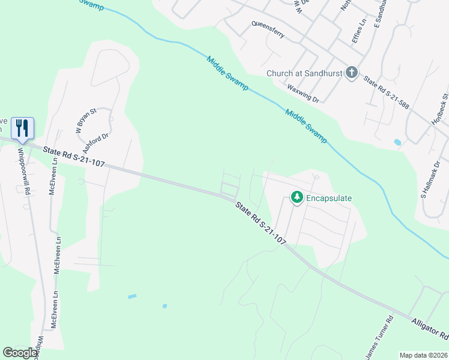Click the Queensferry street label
[268, 30]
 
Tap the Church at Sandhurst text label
[304, 74]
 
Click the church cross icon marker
[352, 73]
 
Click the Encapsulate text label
[329, 197]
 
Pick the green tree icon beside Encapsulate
[296, 197]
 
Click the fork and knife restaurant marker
[22, 128]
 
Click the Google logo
[20, 353]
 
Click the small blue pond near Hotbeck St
[397, 142]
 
